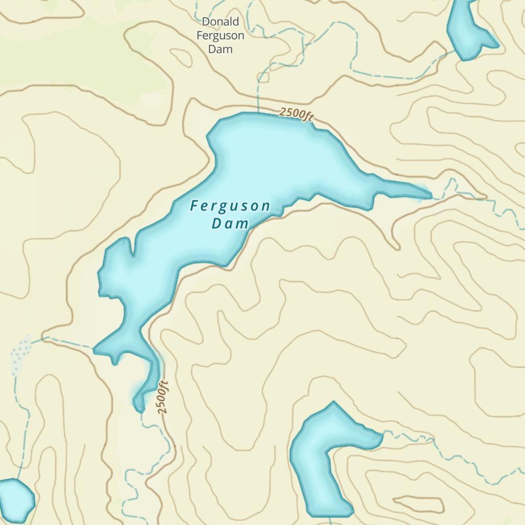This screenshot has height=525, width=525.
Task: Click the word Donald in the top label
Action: point(220,22)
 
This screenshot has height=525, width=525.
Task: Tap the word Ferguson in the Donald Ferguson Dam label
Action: point(220,36)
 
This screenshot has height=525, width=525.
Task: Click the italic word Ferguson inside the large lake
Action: point(230,206)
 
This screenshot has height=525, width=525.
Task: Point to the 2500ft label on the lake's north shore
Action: point(296,113)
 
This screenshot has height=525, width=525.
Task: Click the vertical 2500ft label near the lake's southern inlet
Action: point(163,397)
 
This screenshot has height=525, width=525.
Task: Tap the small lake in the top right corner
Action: point(467,29)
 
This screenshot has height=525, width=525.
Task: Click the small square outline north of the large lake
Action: point(265,78)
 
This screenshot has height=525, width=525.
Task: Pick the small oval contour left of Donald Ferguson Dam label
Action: point(182,57)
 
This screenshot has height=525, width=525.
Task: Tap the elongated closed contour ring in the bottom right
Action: point(418,505)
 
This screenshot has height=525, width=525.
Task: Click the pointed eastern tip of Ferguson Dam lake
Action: point(430,195)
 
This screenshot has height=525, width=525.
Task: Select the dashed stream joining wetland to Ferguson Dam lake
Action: point(68,342)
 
